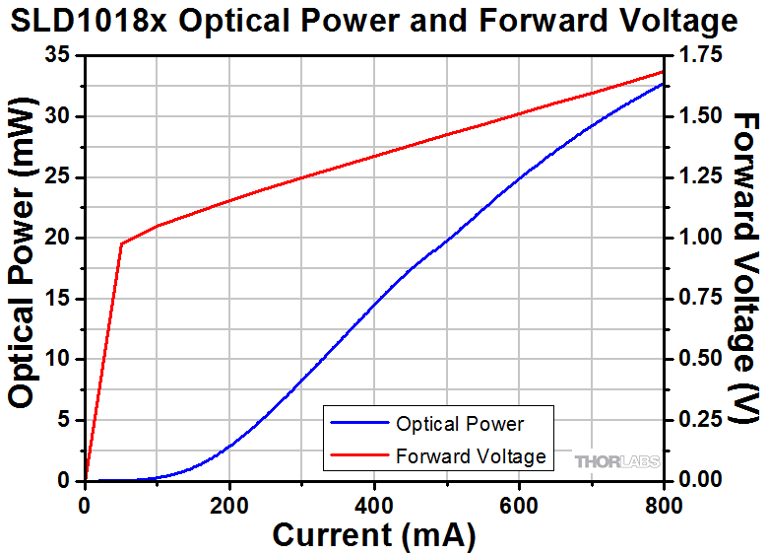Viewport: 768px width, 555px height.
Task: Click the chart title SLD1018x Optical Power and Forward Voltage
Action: tap(374, 21)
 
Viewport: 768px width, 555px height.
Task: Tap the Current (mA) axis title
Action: tap(374, 535)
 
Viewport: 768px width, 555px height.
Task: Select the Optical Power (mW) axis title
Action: tap(22, 253)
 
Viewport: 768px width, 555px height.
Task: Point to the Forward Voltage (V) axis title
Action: tap(745, 267)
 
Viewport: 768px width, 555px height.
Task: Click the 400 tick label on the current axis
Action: tap(374, 506)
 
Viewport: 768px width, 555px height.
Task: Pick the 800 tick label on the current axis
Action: tap(664, 506)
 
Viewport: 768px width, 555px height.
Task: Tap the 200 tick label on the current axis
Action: tap(229, 506)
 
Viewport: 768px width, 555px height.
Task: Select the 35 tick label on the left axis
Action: tap(58, 55)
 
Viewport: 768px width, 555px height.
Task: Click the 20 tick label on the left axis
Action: tap(58, 238)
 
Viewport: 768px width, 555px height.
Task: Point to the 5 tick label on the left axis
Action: tap(64, 420)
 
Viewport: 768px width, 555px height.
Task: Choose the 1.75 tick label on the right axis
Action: tap(700, 55)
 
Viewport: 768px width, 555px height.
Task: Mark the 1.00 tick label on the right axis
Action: tap(700, 238)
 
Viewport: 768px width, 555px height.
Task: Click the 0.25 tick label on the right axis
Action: tap(700, 420)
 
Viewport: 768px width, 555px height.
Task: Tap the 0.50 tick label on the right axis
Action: tap(700, 360)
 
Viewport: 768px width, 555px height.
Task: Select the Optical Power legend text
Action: tap(460, 424)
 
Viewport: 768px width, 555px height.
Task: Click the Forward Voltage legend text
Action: tap(471, 456)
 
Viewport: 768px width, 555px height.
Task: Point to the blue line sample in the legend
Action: tap(359, 423)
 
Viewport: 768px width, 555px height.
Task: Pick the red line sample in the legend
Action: tap(359, 455)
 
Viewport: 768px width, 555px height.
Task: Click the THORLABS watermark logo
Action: tap(617, 462)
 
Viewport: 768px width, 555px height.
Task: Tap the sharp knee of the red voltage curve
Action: tap(121, 243)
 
